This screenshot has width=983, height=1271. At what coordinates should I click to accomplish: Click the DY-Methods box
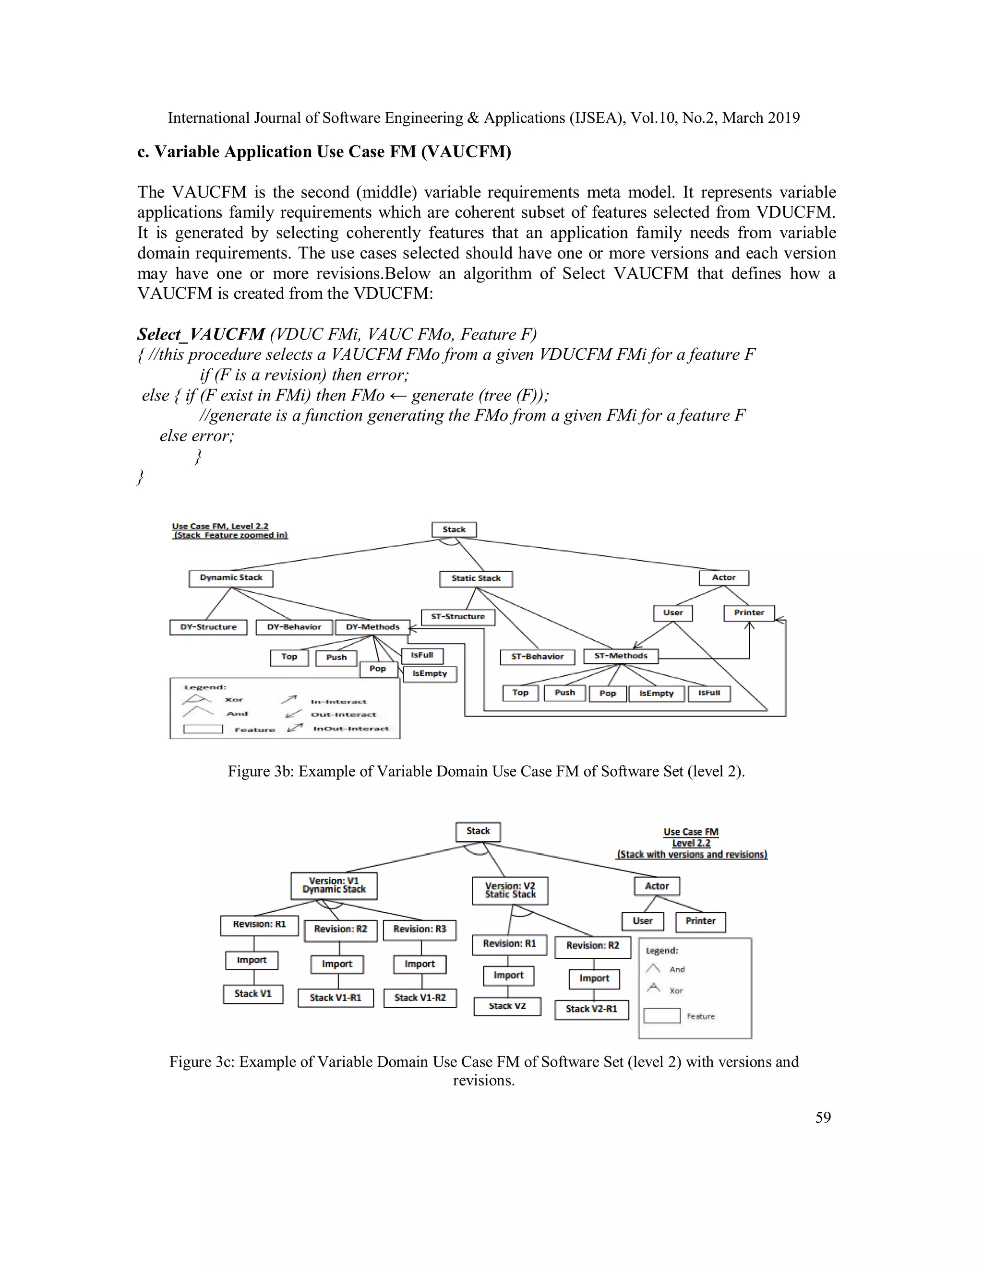click(x=372, y=627)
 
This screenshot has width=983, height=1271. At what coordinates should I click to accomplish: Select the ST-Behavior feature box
click(x=538, y=657)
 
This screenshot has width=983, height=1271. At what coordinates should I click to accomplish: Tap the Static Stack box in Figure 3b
click(x=476, y=578)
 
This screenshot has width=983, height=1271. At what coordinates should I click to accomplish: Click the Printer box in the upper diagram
click(x=749, y=613)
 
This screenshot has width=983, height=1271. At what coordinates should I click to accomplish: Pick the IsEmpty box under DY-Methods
click(x=430, y=674)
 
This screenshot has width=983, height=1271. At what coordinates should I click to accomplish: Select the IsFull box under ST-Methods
click(x=709, y=693)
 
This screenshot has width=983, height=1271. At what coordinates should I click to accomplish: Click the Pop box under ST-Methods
click(x=607, y=694)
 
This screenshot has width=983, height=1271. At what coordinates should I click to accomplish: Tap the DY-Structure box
click(x=208, y=627)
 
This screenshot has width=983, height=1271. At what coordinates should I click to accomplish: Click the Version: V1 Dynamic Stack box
click(x=334, y=885)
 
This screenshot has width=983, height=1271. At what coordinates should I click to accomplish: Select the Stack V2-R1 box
click(x=592, y=1009)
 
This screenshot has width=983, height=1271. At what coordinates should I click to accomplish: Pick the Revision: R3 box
click(x=420, y=930)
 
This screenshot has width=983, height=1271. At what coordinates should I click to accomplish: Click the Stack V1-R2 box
click(x=420, y=998)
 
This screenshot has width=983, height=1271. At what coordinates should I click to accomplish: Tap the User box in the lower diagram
click(x=642, y=921)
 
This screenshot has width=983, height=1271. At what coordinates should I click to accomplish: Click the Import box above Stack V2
click(x=508, y=976)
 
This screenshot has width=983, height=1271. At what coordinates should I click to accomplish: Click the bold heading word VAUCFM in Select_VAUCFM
click(x=227, y=335)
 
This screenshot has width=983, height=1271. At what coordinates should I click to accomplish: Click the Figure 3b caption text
click(x=486, y=772)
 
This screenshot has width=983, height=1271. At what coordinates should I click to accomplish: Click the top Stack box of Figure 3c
click(x=478, y=831)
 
